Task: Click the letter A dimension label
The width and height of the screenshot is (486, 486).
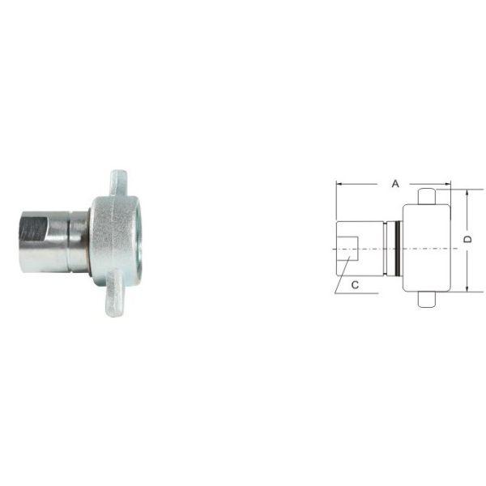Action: click(395, 184)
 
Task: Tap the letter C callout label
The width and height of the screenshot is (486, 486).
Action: click(356, 285)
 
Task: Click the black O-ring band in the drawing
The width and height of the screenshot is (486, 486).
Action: click(397, 249)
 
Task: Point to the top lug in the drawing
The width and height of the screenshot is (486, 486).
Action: click(427, 197)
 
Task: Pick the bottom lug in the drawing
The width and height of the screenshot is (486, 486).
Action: click(427, 300)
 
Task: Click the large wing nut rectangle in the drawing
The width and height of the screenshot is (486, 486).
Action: click(427, 248)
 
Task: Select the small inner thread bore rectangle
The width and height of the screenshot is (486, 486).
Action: click(348, 249)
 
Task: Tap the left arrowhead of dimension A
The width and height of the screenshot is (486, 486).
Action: click(339, 184)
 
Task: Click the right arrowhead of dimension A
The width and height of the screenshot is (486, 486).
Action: click(448, 184)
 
